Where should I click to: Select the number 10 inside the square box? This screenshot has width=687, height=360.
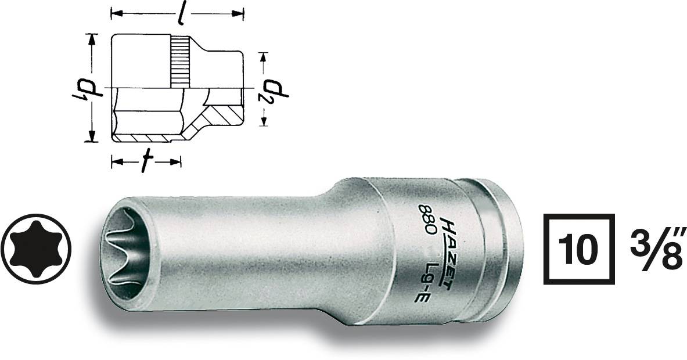578,250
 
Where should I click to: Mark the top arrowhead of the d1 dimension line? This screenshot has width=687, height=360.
91,38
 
